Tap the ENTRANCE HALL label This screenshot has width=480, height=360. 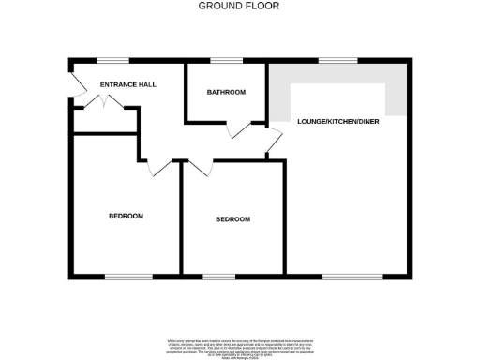pos(128,84)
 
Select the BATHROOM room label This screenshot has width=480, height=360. pos(226,92)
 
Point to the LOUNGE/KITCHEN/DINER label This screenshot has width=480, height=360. pos(337,123)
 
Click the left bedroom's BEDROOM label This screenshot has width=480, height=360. pos(126,216)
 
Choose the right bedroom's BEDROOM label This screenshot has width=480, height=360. pos(232,219)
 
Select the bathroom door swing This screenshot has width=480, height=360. pos(241,130)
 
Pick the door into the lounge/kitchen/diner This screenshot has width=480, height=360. pos(273,141)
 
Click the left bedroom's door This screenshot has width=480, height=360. pos(159,168)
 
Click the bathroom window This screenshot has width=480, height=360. pos(225,62)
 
